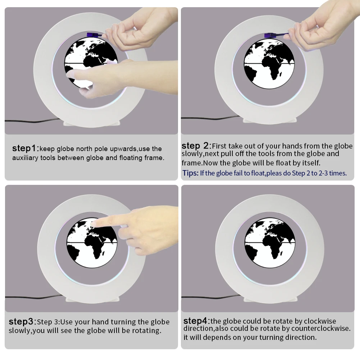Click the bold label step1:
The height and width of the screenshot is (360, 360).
coord(25,149)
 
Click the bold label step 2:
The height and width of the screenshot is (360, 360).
coord(196,146)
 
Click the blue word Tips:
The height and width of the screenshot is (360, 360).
coord(190,173)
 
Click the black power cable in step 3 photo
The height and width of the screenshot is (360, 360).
coord(32,297)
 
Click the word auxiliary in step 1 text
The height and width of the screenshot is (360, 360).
coord(25,158)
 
